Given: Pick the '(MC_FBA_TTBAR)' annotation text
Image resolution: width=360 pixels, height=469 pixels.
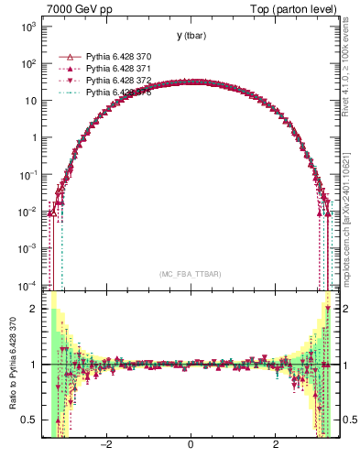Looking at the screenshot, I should pos(190,275).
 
